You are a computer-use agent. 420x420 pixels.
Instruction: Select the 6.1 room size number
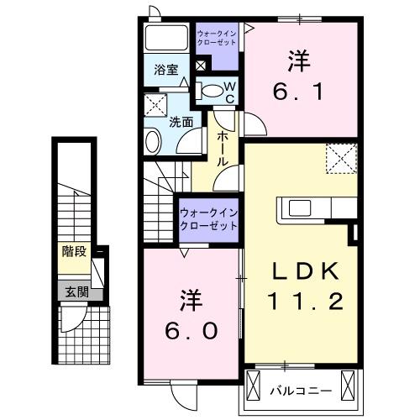(x=297, y=87)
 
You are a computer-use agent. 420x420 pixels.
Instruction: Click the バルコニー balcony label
(x=300, y=391)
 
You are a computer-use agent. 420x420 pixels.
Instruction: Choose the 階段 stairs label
(x=73, y=251)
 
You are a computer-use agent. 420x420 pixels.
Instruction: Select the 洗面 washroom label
(x=181, y=122)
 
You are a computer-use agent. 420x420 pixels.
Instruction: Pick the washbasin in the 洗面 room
(x=154, y=141)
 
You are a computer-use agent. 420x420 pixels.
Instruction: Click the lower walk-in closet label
(x=207, y=220)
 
